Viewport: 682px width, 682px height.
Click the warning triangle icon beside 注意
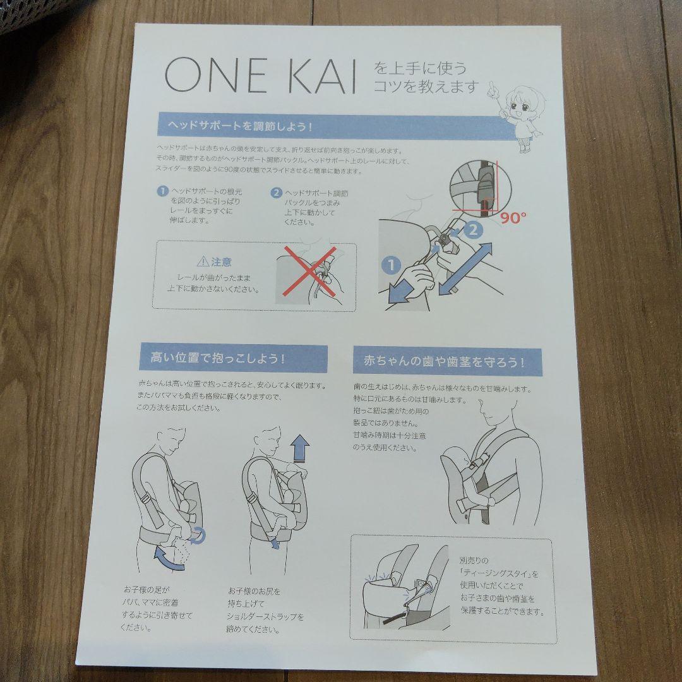pyautogui.click(x=202, y=261)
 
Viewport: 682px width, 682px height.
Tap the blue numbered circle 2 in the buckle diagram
pyautogui.click(x=471, y=230)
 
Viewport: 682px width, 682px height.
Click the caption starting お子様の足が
pyautogui.click(x=157, y=608)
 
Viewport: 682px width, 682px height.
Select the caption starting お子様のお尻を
pyautogui.click(x=265, y=611)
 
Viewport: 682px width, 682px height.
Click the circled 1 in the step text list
pyautogui.click(x=162, y=191)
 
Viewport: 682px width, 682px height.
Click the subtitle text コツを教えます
pyautogui.click(x=426, y=87)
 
